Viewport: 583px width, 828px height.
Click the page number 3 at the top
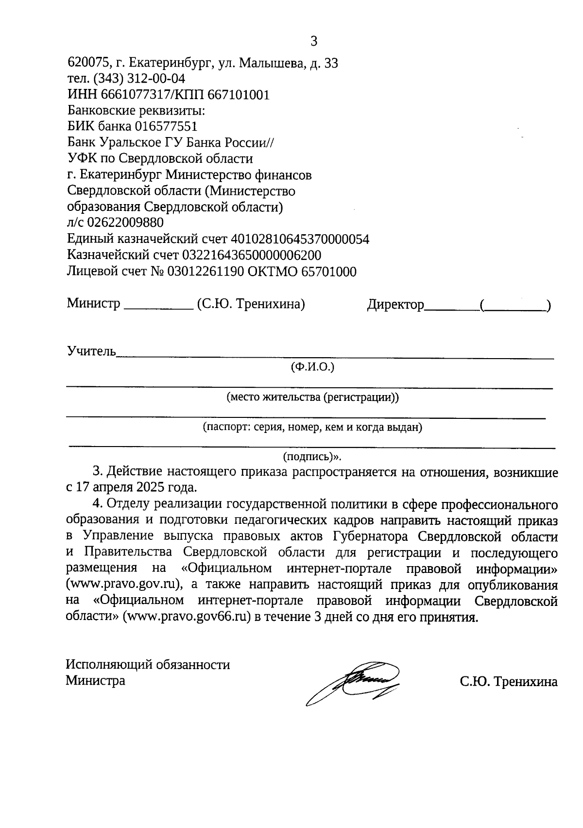313,41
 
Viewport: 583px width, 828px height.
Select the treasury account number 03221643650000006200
251,255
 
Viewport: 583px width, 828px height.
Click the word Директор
395,305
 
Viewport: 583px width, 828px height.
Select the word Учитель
91,351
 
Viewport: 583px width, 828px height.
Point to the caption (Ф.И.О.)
312,367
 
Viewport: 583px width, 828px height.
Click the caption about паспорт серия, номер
312,428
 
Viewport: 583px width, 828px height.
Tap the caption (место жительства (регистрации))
312,397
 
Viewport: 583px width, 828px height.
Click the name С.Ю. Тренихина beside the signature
509,681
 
